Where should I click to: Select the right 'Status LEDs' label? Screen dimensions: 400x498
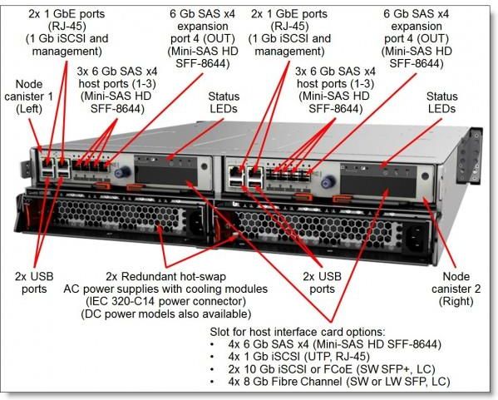pyautogui.click(x=441, y=103)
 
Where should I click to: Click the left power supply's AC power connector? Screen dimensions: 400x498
pyautogui.click(x=195, y=220)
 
